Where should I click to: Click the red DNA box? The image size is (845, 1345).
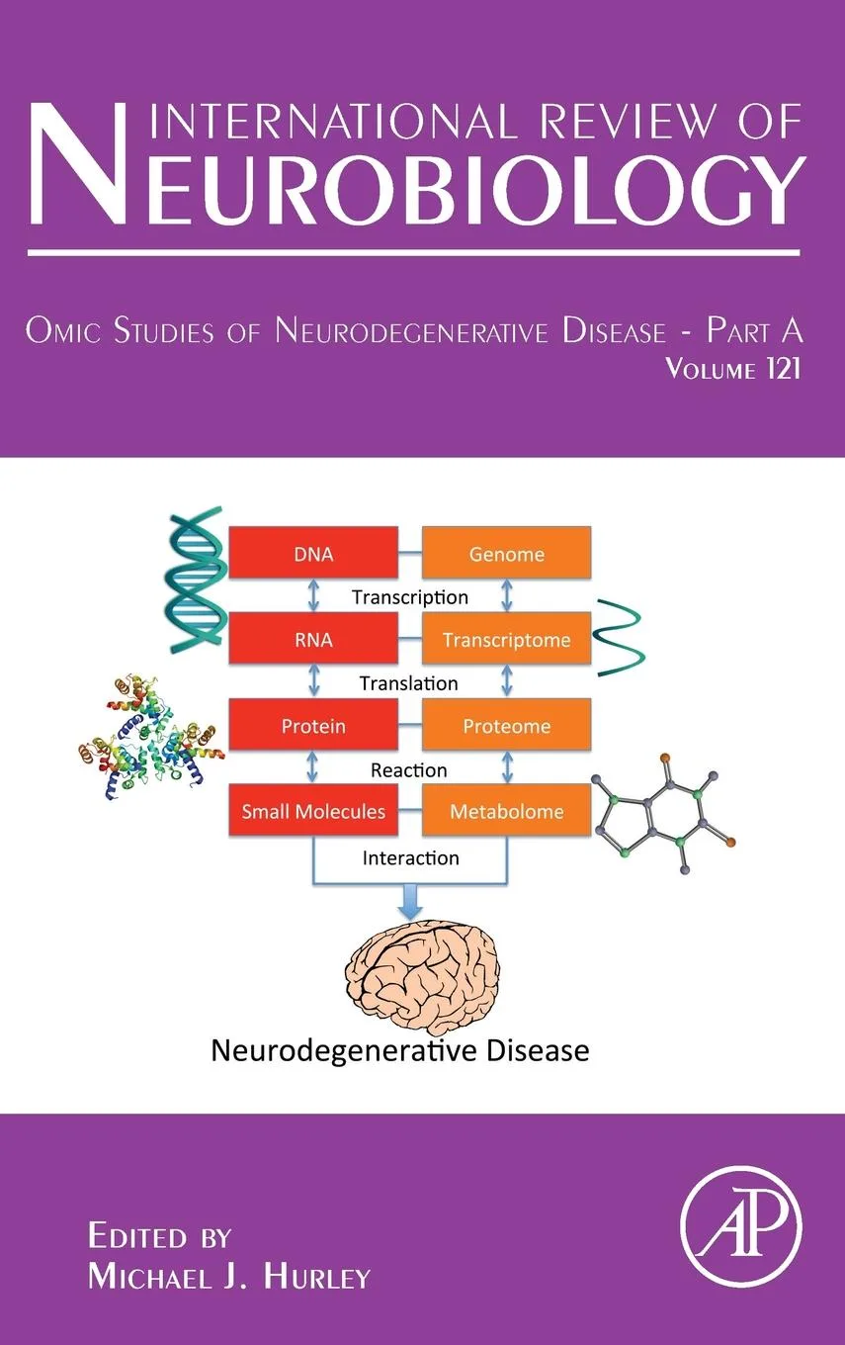[312, 554]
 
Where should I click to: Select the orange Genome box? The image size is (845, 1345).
[506, 554]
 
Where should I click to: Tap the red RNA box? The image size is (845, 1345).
[312, 640]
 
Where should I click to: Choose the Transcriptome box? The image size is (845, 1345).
[506, 640]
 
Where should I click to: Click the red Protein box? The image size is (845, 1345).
[312, 726]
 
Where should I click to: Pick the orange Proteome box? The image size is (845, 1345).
[506, 726]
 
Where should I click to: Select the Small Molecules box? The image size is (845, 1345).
[312, 812]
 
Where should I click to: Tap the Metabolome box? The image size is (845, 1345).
[506, 812]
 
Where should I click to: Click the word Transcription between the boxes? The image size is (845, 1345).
[409, 597]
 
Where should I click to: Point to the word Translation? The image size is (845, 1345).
[409, 683]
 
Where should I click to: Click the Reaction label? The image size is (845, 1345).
[409, 769]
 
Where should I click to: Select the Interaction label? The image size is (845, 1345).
[410, 857]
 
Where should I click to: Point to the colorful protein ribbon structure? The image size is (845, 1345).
[148, 737]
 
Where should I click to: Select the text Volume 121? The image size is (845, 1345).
[732, 371]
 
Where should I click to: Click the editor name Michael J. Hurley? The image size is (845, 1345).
[228, 1277]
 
